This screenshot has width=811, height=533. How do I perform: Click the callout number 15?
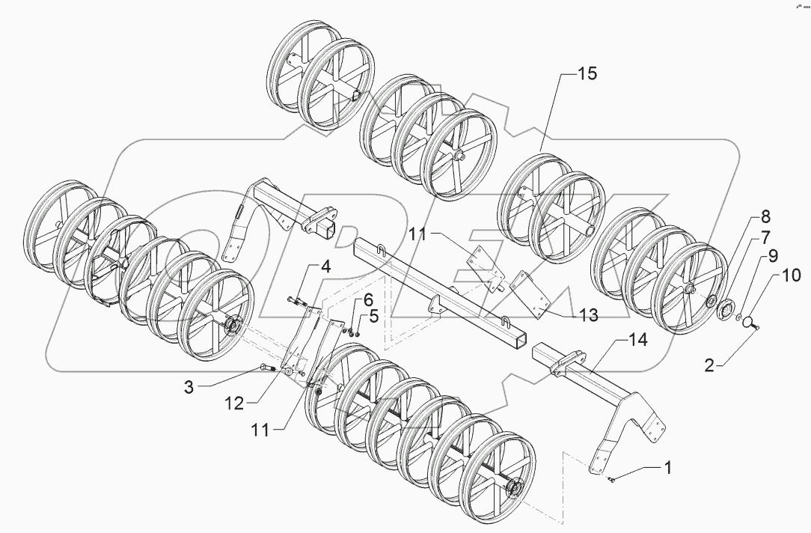[x=587, y=74]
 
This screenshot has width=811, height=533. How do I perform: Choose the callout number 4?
[x=326, y=267]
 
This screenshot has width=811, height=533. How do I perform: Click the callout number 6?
[x=367, y=299]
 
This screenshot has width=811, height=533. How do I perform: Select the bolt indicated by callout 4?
[x=295, y=301]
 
